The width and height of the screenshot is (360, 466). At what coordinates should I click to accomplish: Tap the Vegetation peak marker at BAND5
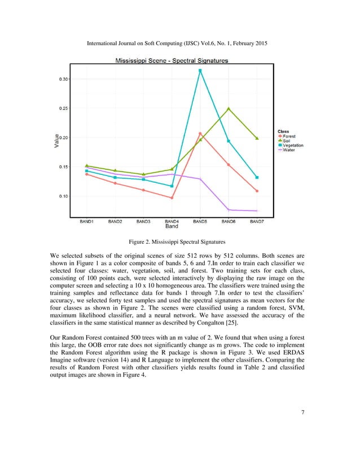(x=200, y=71)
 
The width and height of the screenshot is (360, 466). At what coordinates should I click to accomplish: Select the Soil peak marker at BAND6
(x=229, y=108)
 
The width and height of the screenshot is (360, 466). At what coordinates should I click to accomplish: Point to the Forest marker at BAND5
(x=200, y=134)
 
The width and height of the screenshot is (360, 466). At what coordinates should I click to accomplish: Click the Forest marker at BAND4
(x=172, y=197)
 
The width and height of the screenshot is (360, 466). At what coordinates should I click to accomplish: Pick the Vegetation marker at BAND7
(x=257, y=177)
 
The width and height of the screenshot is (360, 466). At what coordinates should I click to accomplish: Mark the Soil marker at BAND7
(x=257, y=138)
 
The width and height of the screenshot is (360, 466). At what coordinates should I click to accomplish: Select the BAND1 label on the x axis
(x=86, y=222)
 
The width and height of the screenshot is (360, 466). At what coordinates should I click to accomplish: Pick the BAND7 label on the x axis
(x=257, y=222)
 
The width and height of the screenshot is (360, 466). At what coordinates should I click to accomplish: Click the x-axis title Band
(x=172, y=227)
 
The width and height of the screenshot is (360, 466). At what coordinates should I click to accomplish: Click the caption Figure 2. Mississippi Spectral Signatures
(x=180, y=241)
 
